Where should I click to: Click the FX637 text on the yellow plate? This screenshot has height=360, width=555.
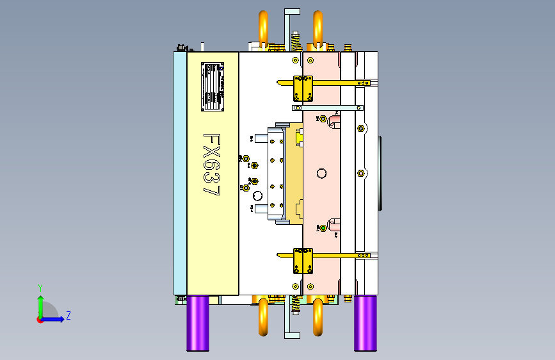(x=212, y=165)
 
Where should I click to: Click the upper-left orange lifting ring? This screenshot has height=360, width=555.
(x=263, y=28)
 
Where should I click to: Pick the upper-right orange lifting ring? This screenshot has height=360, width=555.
(x=318, y=28)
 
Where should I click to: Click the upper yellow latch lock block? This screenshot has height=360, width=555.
(x=302, y=88)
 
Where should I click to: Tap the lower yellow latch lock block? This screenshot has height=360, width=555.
(x=302, y=260)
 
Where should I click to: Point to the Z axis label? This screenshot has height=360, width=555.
(x=68, y=316)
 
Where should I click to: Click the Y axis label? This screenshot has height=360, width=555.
(x=40, y=288)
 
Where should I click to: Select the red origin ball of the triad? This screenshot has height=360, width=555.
(x=40, y=319)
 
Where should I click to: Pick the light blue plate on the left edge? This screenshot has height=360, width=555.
(x=180, y=173)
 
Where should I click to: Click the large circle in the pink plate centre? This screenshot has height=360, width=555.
(x=321, y=174)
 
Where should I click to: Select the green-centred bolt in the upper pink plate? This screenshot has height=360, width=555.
(x=323, y=119)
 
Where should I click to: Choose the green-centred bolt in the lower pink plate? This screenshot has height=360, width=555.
(x=323, y=228)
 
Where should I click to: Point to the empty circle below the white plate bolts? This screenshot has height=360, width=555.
(x=258, y=195)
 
